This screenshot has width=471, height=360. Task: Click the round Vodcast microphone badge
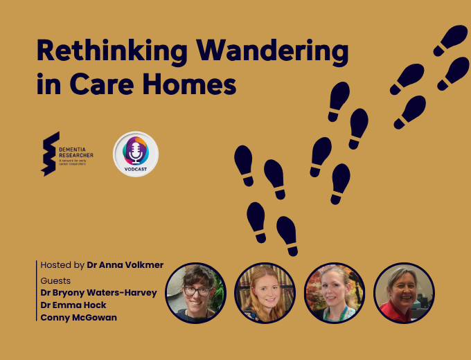(x=136, y=154)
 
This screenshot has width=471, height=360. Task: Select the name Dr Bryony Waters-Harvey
(x=98, y=293)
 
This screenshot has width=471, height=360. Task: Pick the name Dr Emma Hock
(x=73, y=305)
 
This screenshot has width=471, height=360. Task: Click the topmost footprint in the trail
(x=451, y=39)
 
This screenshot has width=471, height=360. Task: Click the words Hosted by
(x=62, y=264)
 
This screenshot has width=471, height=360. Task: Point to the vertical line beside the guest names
(x=36, y=291)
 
